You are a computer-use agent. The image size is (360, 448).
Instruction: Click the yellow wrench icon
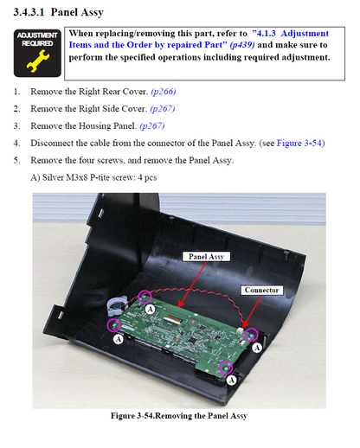point(38,61)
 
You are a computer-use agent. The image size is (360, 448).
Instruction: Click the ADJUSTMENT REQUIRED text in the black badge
point(37,39)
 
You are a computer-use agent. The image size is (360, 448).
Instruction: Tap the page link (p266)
point(164,92)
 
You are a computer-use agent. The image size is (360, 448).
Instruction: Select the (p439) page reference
point(242,45)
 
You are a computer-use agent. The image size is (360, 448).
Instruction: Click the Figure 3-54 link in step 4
point(299,143)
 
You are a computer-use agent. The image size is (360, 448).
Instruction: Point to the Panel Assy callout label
point(206,257)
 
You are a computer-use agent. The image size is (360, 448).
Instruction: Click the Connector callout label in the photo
point(261,290)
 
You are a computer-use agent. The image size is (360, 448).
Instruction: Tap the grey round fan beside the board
point(117,305)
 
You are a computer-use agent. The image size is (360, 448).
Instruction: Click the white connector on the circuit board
point(241,330)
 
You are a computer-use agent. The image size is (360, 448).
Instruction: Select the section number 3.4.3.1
point(29,12)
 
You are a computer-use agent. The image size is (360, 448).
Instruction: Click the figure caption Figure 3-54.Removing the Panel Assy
point(179,416)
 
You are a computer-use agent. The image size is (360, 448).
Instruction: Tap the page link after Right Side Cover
point(163,109)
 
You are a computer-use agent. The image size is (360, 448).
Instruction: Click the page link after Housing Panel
point(152,126)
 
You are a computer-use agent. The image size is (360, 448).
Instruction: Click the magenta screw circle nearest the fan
point(114,325)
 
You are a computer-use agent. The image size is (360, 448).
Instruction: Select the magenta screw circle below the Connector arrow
point(251,335)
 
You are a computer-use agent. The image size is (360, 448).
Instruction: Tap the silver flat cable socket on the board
point(171,319)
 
